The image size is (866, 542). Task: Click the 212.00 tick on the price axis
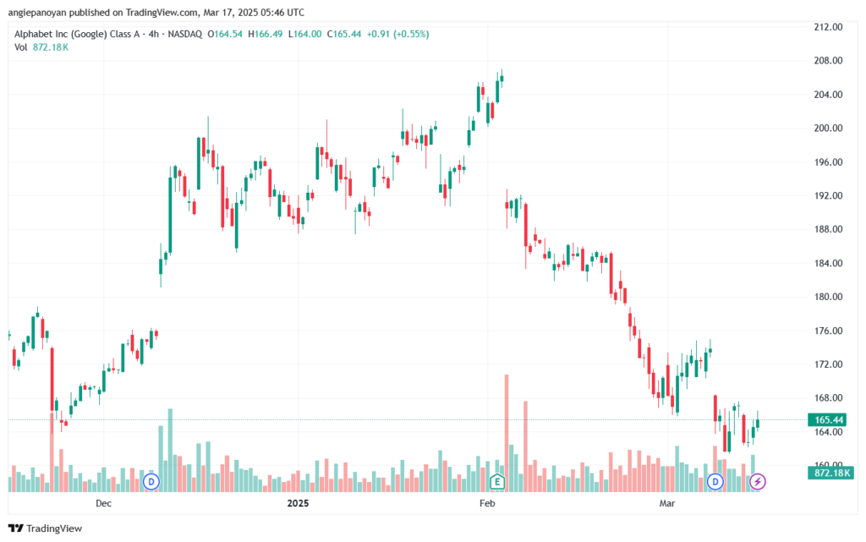point(828,27)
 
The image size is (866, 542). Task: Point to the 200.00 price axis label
point(828,128)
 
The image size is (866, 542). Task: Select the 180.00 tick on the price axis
point(828,297)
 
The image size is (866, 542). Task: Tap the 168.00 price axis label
point(828,398)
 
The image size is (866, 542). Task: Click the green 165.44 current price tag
point(827,420)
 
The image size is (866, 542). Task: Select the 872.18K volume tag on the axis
point(830,473)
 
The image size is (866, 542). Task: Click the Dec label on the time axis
point(103,503)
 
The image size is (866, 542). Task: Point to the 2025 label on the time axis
point(298,503)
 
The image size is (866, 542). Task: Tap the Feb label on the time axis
point(487,503)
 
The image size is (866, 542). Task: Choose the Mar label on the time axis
point(667,503)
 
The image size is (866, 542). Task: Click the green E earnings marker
point(497,482)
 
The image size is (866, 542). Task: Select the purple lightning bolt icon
point(757,482)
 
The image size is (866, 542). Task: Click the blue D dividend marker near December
point(151,482)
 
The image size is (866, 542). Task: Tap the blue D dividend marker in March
point(715,482)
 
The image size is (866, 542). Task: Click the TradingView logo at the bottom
point(46,528)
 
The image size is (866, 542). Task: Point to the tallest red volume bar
point(507,433)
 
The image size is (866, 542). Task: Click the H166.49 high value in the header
point(265,34)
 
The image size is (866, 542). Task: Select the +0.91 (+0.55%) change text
point(397,34)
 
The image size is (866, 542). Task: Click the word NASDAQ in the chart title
point(185,34)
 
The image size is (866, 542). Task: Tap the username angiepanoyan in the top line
point(37,13)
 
